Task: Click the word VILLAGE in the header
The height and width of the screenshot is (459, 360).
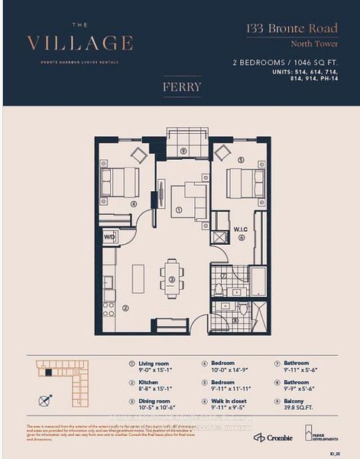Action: pos(79,42)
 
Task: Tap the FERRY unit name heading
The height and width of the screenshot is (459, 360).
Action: pos(181,86)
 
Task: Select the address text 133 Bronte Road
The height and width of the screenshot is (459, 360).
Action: pos(292,29)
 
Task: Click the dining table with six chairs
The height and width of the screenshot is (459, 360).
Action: pos(172,279)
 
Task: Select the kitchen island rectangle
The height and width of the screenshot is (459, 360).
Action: pos(138,278)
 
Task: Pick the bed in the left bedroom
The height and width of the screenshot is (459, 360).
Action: pos(118,182)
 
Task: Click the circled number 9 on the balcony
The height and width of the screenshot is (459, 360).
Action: pos(183,151)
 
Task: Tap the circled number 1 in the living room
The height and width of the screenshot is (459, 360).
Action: pos(178,209)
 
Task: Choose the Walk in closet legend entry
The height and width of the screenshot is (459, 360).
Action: pos(229,405)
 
